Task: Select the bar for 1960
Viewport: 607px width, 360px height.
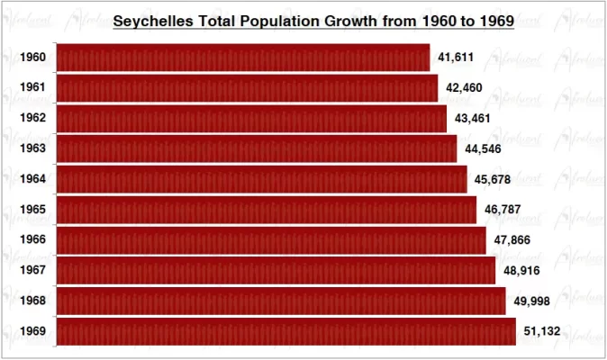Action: (x=243, y=58)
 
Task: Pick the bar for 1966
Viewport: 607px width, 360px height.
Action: (x=271, y=240)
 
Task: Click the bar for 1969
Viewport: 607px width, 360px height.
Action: (x=285, y=331)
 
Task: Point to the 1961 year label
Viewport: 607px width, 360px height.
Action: (x=34, y=88)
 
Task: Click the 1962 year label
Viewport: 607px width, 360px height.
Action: (x=34, y=119)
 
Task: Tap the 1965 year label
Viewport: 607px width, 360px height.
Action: (x=34, y=211)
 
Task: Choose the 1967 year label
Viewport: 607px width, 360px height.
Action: (x=34, y=271)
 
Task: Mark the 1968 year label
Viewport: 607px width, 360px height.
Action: (x=34, y=301)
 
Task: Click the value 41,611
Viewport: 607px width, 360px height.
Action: (x=456, y=58)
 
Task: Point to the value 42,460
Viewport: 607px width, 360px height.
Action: (x=464, y=88)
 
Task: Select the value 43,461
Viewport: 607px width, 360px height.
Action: (x=473, y=119)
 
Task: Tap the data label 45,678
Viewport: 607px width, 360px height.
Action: (x=493, y=180)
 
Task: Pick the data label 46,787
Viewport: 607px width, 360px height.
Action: (x=503, y=211)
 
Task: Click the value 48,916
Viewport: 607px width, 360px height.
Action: (x=522, y=271)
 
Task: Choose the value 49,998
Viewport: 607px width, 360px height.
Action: (x=531, y=301)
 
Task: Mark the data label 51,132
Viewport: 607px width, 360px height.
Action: (x=542, y=331)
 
